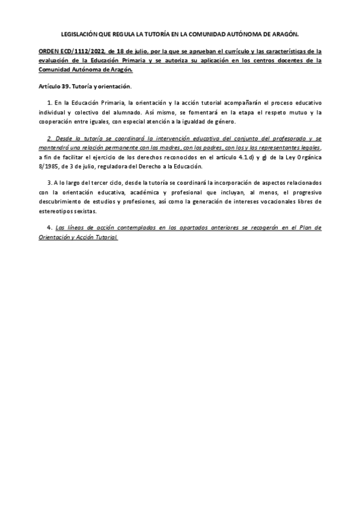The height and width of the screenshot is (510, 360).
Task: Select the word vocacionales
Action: pyautogui.click(x=270, y=201)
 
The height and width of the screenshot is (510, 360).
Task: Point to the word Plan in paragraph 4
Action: pyautogui.click(x=305, y=228)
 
